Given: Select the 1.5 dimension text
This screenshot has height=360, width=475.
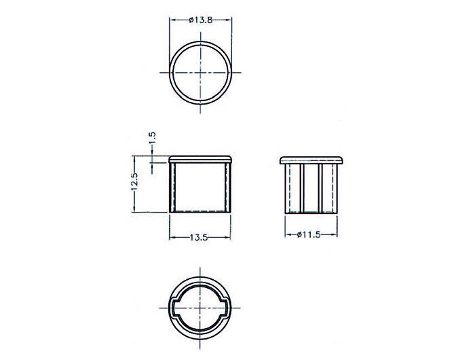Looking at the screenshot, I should (152, 136).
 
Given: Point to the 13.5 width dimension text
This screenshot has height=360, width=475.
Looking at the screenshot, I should (199, 238).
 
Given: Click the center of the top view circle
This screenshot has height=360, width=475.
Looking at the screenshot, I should (201, 72).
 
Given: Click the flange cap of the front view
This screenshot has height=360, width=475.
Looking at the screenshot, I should (200, 158).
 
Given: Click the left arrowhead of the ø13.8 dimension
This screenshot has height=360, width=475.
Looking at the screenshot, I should (172, 21).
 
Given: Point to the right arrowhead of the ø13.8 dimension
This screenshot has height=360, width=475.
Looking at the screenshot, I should (230, 21).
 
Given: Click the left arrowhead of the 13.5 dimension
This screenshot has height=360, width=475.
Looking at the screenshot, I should (171, 238).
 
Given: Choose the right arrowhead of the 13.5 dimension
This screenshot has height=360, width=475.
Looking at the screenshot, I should (229, 238).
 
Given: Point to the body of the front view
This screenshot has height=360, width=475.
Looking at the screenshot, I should (200, 187).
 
